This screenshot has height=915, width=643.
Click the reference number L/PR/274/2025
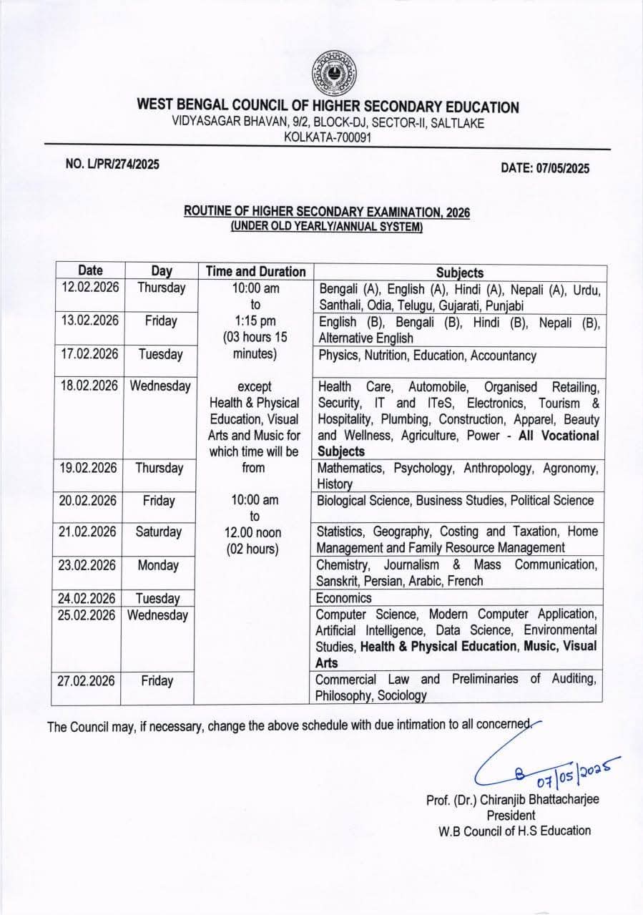112,164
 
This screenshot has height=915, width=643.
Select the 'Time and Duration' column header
255,272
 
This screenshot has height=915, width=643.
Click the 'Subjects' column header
460,273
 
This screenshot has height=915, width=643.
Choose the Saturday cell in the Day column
158,532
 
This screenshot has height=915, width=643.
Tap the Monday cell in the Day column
158,565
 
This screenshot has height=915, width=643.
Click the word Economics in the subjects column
344,597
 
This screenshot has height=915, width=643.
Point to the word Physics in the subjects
338,355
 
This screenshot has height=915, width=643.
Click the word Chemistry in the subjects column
343,565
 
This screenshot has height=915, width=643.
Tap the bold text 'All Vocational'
559,436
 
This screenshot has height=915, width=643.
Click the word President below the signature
511,816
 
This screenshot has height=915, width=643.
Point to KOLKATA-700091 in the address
328,137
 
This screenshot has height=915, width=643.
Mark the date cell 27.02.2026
86,681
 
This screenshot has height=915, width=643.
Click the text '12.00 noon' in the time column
255,532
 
